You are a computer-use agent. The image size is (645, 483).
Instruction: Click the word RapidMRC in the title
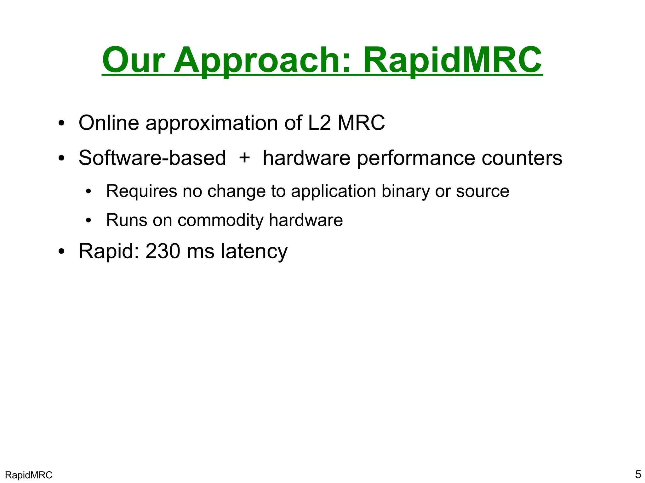[453, 60]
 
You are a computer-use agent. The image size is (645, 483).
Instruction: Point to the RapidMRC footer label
[29, 475]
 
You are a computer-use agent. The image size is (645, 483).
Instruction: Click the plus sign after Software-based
[244, 157]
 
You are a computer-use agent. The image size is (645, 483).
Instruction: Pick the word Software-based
[152, 158]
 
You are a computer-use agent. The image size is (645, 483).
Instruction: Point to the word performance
[416, 158]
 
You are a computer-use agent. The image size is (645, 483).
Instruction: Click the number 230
[163, 251]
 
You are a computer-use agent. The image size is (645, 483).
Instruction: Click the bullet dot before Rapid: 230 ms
[61, 252]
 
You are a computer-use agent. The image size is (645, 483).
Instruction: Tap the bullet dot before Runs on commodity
[88, 221]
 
